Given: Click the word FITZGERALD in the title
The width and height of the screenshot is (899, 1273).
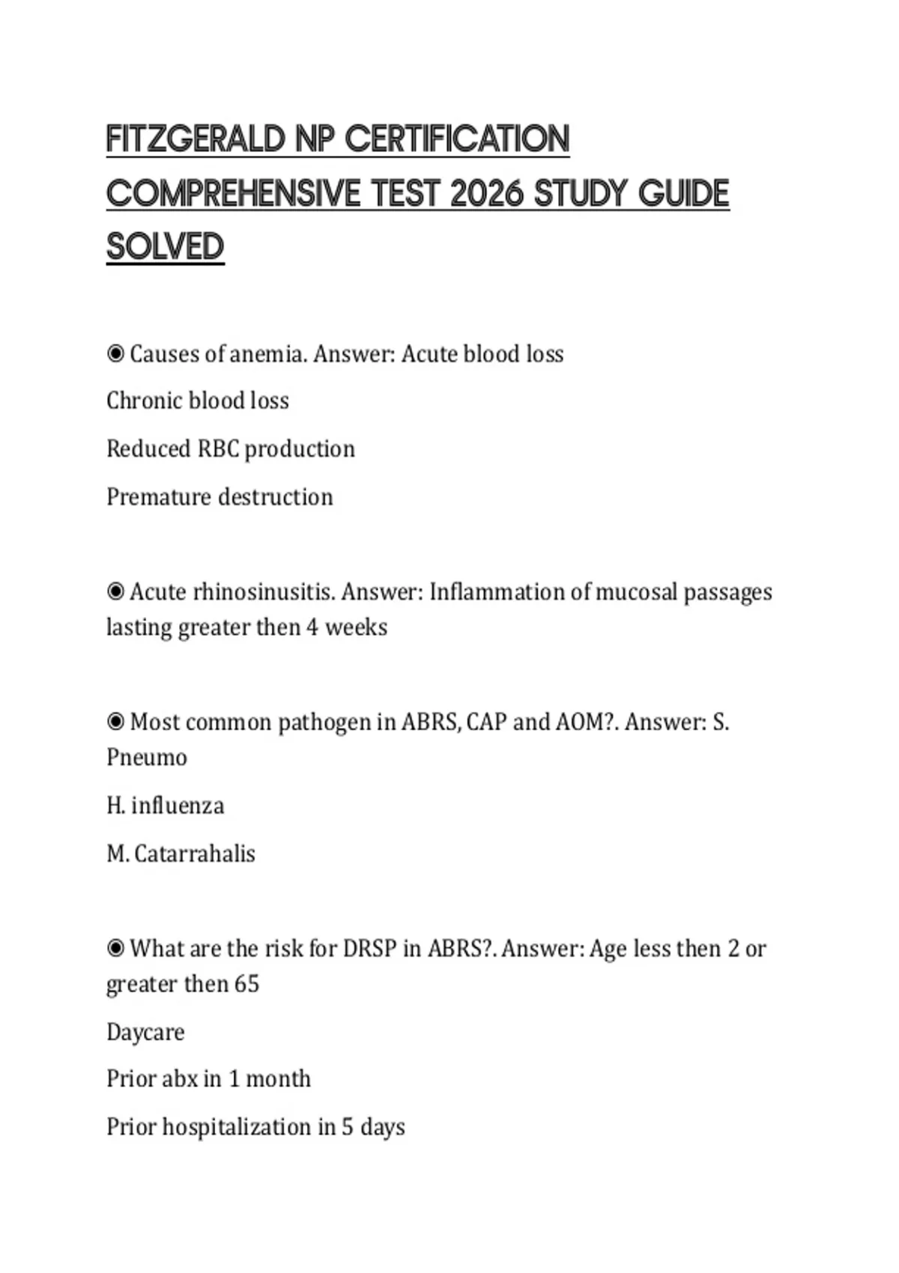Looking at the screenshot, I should coord(196,139).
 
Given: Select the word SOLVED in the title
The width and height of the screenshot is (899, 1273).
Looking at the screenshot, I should coord(165,247).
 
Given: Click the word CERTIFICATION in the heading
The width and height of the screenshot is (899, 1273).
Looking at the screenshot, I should coord(457,139).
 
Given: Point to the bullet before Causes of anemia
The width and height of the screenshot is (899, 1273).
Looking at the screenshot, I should coord(115,353).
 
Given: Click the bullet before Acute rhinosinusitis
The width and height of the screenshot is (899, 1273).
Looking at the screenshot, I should coord(115,592).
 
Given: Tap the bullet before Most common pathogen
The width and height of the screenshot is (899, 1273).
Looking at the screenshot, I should coord(115,722).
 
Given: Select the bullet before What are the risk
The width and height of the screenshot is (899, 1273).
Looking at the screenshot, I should coord(115,949).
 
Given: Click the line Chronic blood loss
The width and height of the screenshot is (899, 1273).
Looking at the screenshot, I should coord(197,401).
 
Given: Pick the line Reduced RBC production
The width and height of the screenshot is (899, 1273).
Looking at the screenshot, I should coord(230,449).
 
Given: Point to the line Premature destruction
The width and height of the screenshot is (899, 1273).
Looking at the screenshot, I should coord(220,496).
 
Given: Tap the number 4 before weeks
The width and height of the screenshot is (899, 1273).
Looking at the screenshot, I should coord(312,627).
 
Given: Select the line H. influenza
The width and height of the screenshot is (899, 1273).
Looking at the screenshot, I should coord(165,806).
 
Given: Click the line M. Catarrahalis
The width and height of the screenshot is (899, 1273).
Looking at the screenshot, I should coord(181,854).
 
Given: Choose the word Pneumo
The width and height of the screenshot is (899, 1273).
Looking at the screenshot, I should coord(147,757).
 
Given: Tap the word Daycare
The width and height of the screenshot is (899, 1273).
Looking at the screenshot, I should coord(145,1032).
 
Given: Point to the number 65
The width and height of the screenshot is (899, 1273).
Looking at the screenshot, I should coord(246,983).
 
